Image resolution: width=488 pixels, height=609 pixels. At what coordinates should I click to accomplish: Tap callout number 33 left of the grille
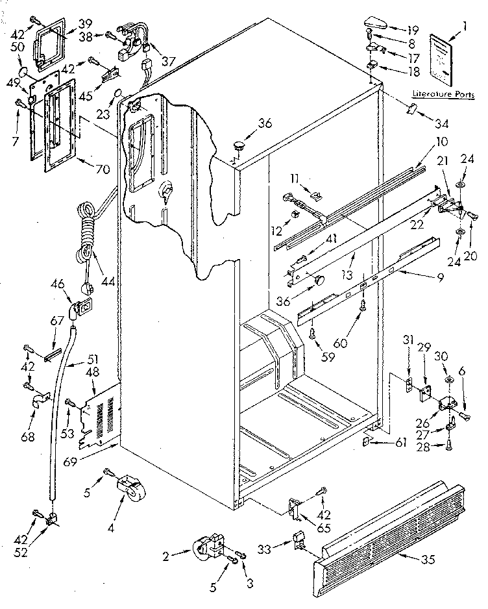point(281,549)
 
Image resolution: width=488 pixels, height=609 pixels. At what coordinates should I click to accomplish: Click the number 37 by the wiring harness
point(169,62)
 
